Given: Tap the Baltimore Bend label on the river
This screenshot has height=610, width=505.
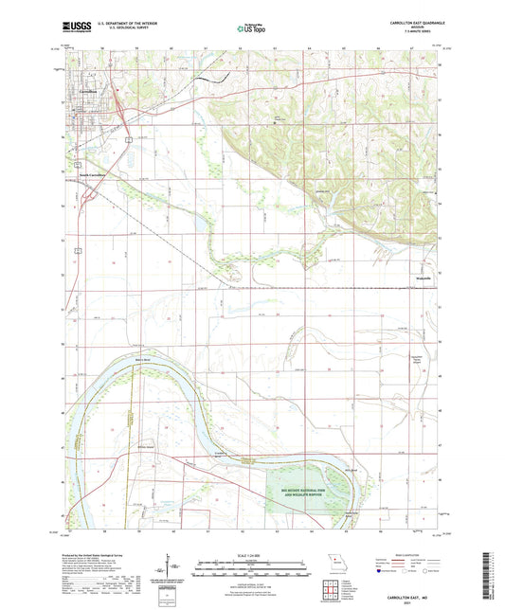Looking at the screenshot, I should pos(142,361).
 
